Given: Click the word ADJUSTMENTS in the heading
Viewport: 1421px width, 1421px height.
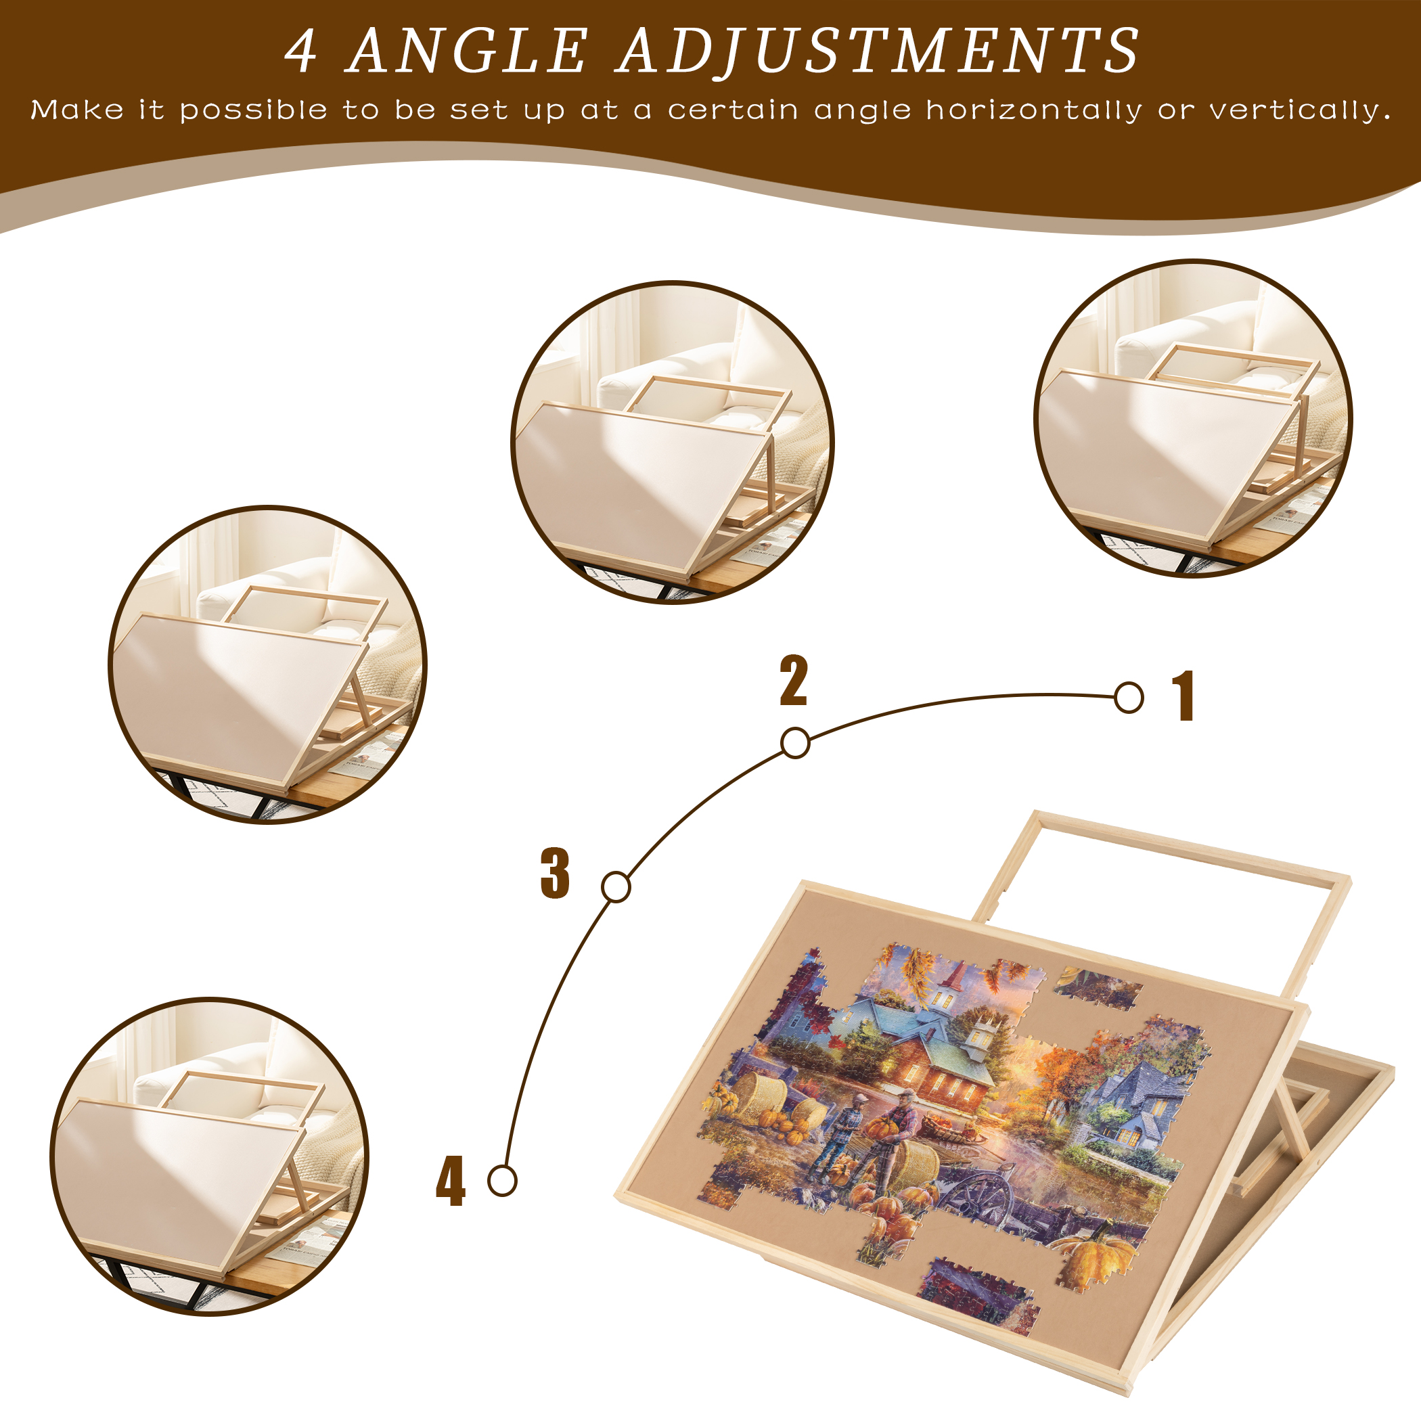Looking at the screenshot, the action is pyautogui.click(x=879, y=51).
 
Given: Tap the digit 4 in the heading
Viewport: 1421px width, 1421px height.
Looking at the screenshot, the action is pyautogui.click(x=302, y=51).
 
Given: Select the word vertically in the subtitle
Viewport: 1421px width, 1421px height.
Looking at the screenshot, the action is pyautogui.click(x=1301, y=110).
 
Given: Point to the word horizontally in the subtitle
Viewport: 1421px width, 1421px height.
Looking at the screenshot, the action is pyautogui.click(x=1034, y=110).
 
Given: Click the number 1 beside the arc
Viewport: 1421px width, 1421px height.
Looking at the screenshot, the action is pyautogui.click(x=1183, y=696).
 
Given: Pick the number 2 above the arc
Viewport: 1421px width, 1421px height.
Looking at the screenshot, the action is pyautogui.click(x=794, y=681).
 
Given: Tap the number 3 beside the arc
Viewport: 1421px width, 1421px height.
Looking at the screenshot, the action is pyautogui.click(x=556, y=873).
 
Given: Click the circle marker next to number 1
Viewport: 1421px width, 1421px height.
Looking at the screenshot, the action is pyautogui.click(x=1129, y=697).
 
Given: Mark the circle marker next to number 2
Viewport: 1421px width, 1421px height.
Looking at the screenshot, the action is pyautogui.click(x=795, y=743).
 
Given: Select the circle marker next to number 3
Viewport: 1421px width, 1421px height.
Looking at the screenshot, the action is pyautogui.click(x=616, y=887).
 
